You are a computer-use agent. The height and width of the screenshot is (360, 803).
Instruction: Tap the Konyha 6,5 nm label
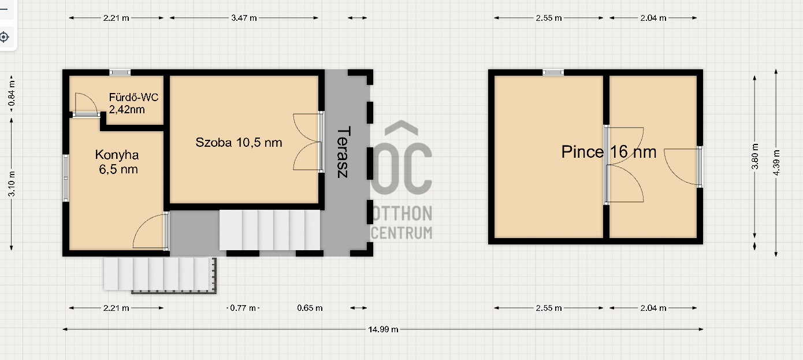coord(118,162)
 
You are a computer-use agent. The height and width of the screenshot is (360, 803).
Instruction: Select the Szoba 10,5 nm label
coord(239,142)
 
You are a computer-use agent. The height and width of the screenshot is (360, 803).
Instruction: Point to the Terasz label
coord(343,152)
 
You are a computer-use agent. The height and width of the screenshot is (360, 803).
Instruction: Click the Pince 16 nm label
coord(609,151)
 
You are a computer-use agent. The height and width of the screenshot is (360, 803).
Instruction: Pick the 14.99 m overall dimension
coord(383,329)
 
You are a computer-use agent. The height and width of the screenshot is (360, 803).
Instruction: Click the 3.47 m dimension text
coord(244,18)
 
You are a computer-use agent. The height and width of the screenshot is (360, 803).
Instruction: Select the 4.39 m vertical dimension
coord(776,163)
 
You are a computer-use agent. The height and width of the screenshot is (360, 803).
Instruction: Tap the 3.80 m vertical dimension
coord(755,157)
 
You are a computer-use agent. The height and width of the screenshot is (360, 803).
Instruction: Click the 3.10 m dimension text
coord(12,184)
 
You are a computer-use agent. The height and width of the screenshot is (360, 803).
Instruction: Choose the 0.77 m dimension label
coord(243,308)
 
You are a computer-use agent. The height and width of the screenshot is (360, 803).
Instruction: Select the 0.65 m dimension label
coord(310,308)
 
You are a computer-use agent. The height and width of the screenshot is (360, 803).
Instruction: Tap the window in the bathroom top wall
coord(120,72)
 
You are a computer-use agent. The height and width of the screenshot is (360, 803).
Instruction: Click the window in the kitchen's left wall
coord(66,178)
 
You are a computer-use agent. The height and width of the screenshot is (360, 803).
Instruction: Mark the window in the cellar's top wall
coord(553,72)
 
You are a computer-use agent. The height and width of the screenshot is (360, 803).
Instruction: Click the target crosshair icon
coord(4,37)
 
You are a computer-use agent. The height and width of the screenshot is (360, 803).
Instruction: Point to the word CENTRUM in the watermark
coord(402,233)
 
